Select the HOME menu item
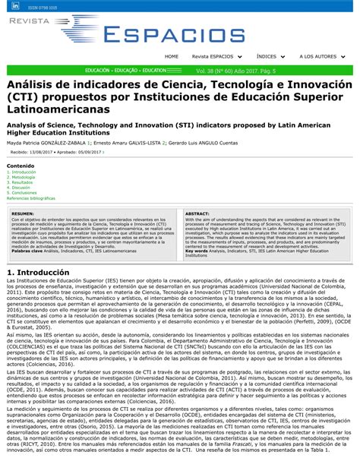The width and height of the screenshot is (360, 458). tap(172, 56)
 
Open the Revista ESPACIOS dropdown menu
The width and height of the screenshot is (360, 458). tap(216, 56)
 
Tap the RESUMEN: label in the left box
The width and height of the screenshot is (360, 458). tap(22, 213)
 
